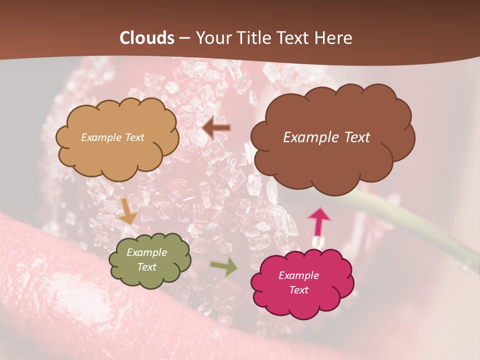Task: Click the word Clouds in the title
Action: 147,38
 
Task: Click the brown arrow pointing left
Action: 216,128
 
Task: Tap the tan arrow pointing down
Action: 127,211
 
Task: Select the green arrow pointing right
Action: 223,266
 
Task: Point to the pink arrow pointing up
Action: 319,221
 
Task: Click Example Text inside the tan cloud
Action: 112,137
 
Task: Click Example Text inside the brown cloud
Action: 326,137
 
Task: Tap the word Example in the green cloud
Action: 146,253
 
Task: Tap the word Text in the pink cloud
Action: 298,290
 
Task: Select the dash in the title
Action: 184,38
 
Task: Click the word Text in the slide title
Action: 296,38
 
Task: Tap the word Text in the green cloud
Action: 146,267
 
